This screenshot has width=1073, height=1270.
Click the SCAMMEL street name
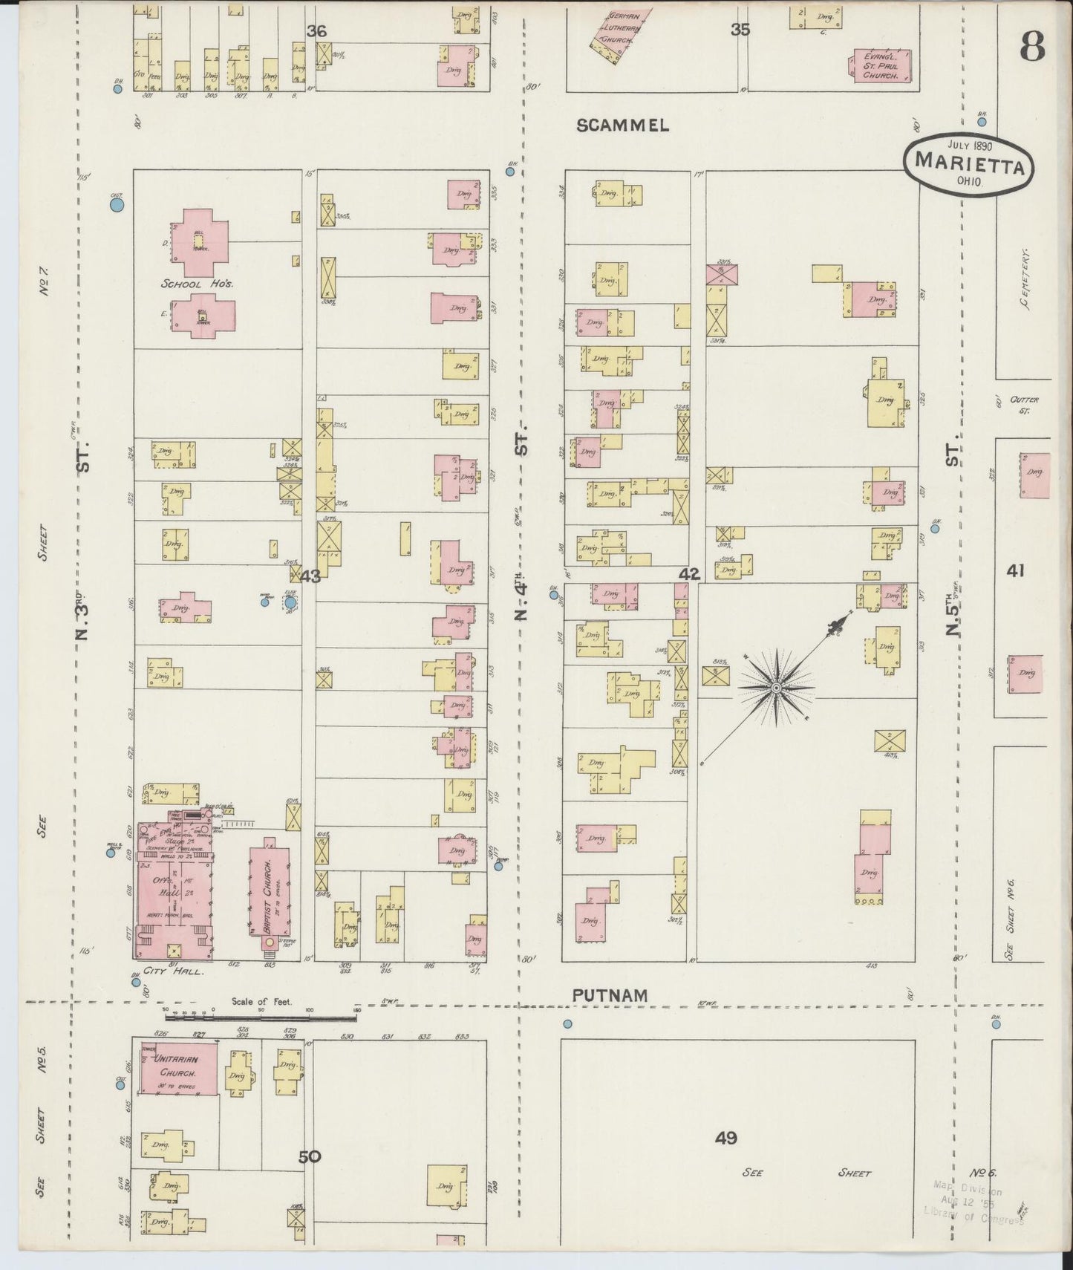point(623,126)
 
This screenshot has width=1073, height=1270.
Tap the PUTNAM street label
point(610,994)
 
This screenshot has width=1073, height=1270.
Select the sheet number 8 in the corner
point(1031,48)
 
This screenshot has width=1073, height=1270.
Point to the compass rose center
point(776,688)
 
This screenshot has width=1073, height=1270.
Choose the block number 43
point(310,575)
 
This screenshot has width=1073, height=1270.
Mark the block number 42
point(689,573)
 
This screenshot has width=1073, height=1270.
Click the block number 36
point(316,31)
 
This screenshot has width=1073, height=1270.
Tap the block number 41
point(1016,570)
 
